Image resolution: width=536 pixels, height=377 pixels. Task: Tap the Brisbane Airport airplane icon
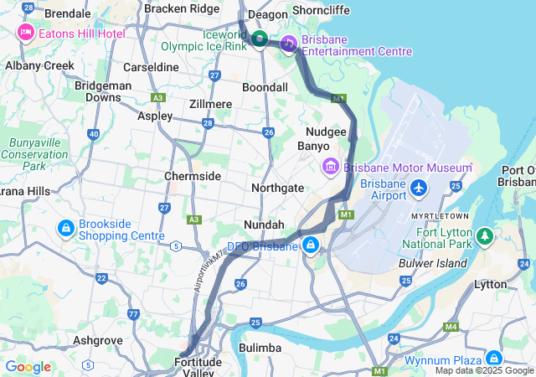(418, 189)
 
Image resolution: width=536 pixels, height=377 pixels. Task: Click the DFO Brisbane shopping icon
(311, 245)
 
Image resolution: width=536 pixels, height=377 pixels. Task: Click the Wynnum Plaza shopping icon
(493, 358)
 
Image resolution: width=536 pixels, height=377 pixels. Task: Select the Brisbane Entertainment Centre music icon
(289, 44)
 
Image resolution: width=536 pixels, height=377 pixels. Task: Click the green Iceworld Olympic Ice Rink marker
(260, 38)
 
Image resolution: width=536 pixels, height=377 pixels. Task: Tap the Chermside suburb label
(192, 176)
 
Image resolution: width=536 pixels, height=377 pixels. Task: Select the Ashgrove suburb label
(99, 340)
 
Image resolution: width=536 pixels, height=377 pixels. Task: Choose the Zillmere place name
(209, 104)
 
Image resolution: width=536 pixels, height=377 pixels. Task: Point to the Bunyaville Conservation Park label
(34, 154)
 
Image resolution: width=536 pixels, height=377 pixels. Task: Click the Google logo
(28, 367)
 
